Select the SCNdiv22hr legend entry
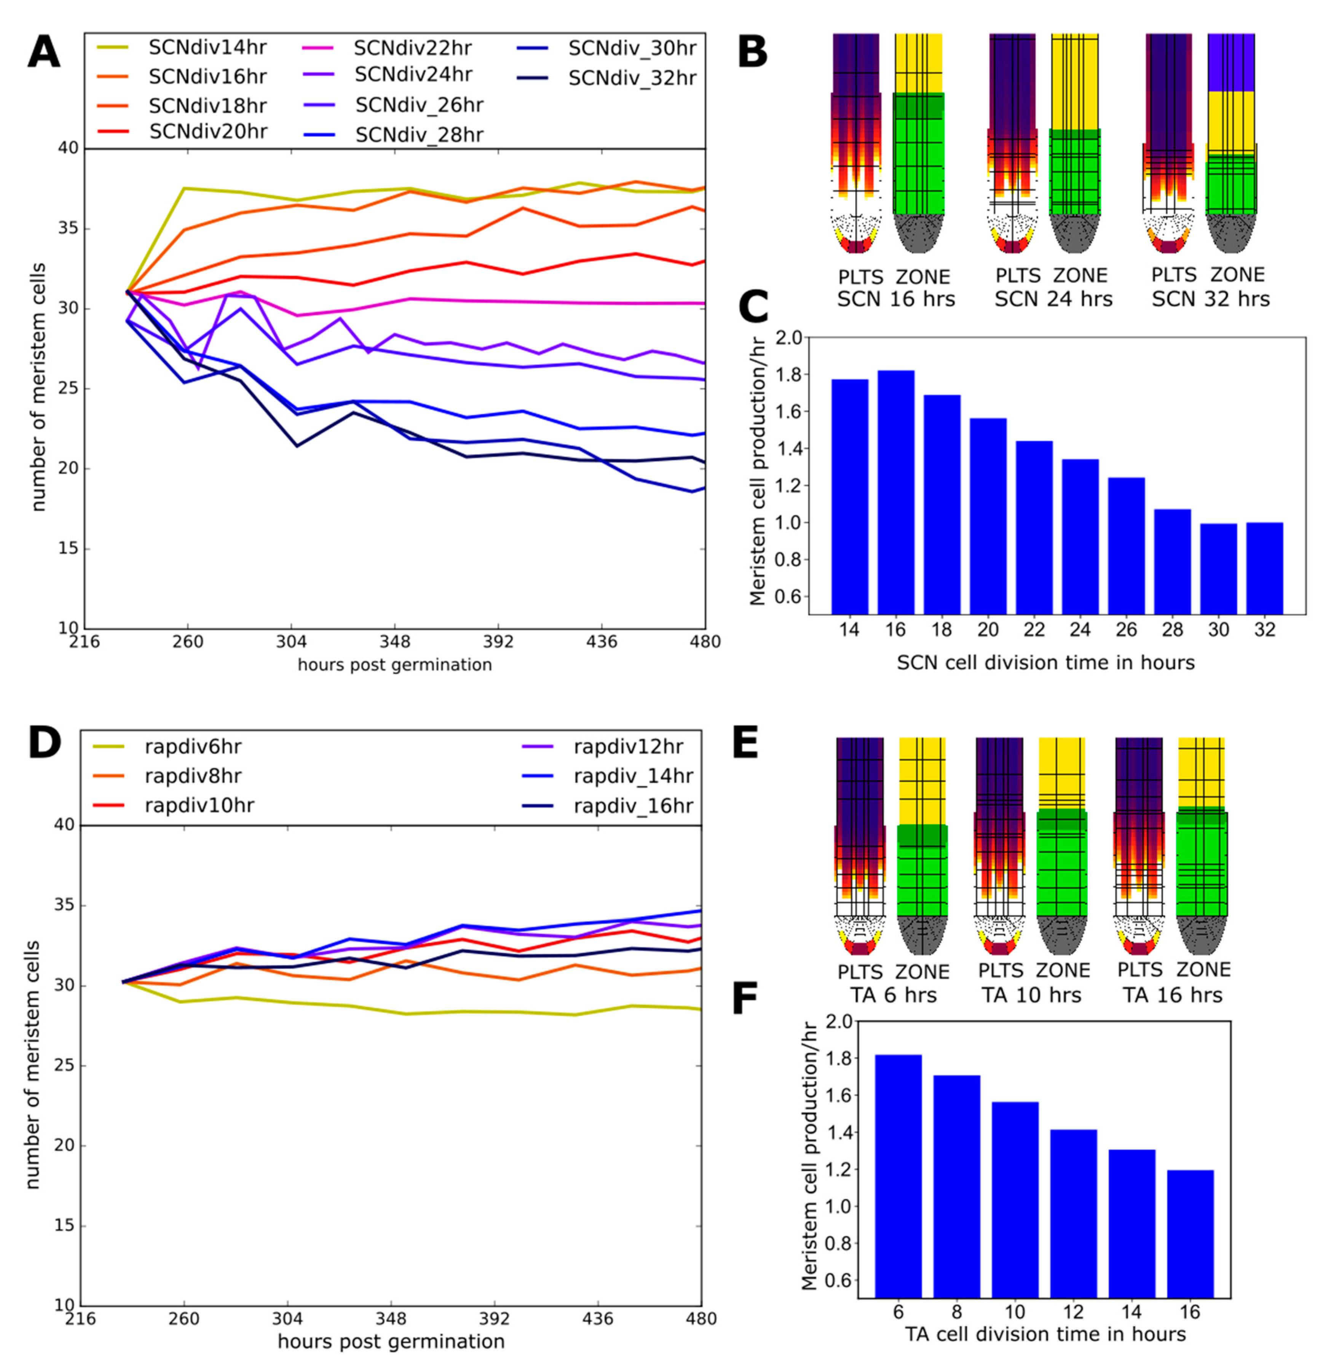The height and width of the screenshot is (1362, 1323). point(412,48)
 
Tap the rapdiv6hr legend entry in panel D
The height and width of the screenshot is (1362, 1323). point(193,747)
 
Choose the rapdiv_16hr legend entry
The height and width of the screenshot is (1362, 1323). point(633,806)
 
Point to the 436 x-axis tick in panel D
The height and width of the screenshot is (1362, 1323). point(597,1318)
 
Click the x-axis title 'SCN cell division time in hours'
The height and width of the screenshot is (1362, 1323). point(1045,662)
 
